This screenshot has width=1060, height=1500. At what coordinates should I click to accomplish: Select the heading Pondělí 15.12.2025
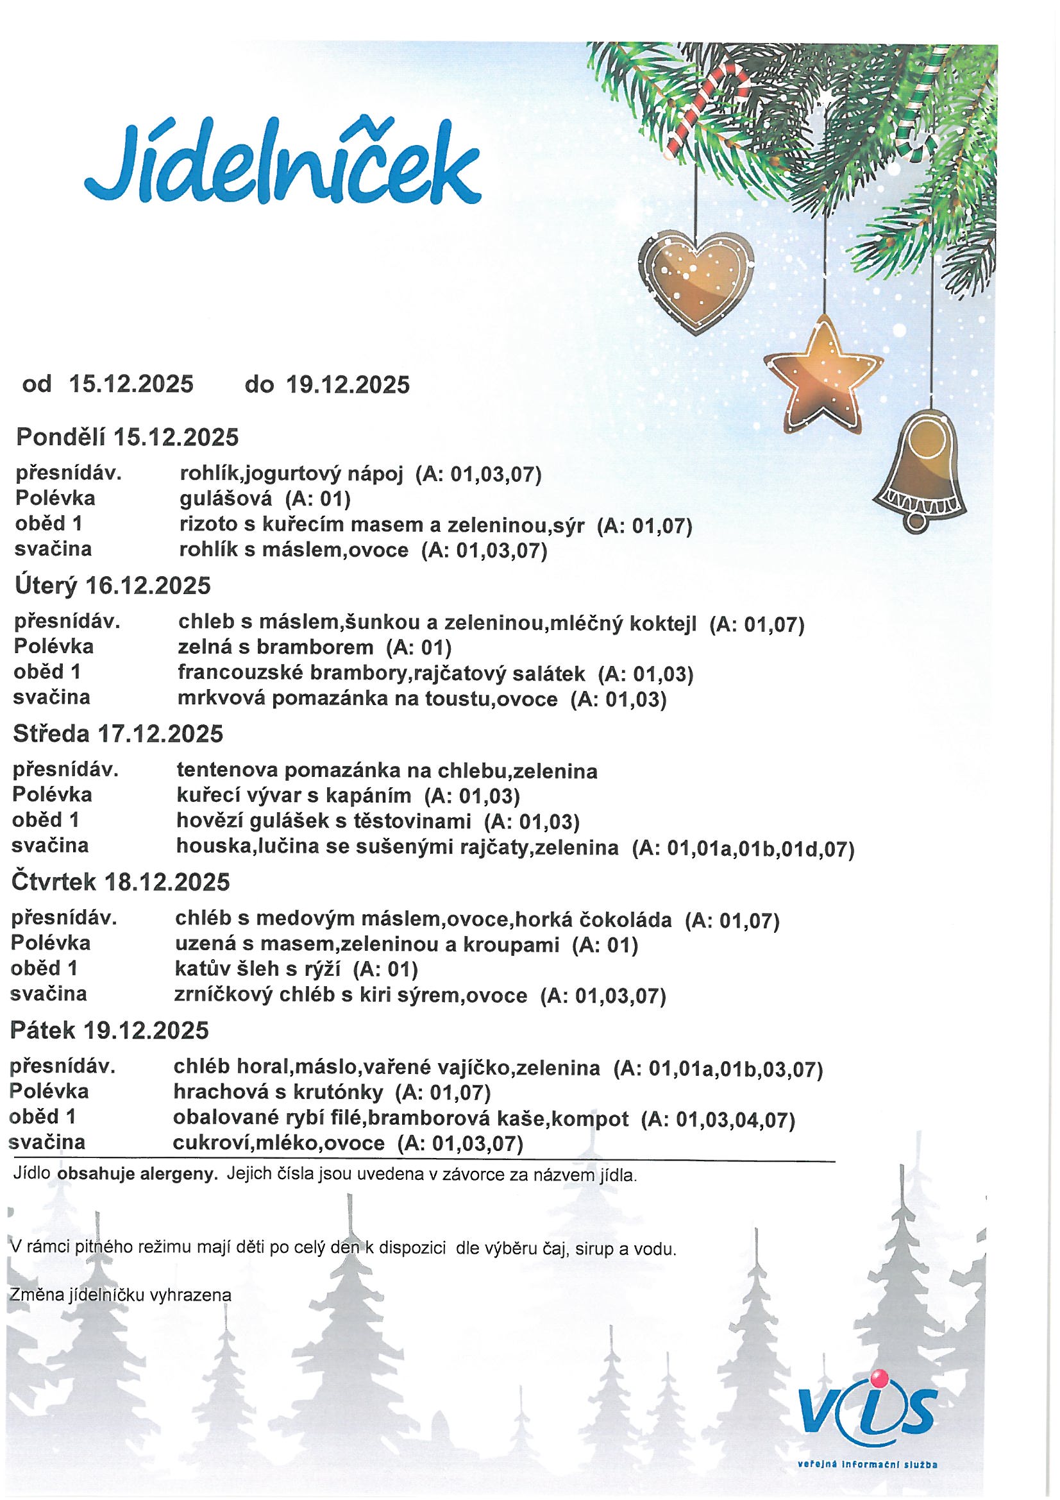pyautogui.click(x=128, y=437)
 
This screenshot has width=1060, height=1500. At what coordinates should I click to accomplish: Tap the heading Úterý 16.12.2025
pyautogui.click(x=112, y=585)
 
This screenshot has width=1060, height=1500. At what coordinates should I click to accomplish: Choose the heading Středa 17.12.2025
pyautogui.click(x=118, y=734)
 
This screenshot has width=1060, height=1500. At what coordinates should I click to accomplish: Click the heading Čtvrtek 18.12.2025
pyautogui.click(x=121, y=882)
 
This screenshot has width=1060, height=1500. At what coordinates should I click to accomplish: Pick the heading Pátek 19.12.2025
pyautogui.click(x=110, y=1030)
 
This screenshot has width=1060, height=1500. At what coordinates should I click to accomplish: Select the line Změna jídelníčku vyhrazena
pyautogui.click(x=121, y=1295)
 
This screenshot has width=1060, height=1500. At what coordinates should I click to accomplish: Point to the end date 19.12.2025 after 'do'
pyautogui.click(x=348, y=385)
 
